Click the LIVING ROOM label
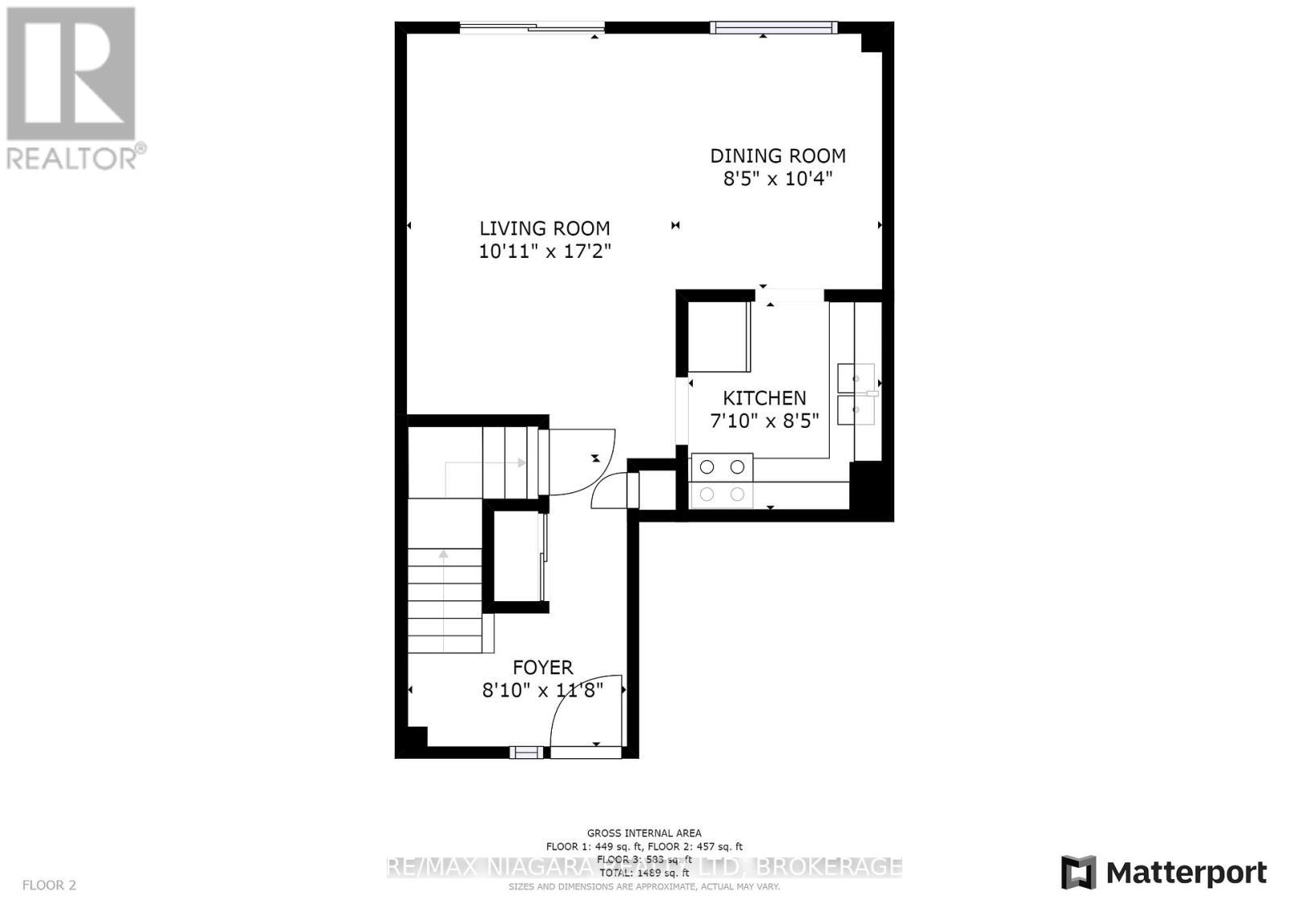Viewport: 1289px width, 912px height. tap(545, 229)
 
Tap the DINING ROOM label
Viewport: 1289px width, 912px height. tap(777, 155)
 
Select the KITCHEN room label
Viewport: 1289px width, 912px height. tap(764, 398)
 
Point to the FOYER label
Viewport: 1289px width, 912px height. tap(543, 667)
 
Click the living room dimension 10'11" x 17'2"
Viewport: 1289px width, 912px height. tap(545, 251)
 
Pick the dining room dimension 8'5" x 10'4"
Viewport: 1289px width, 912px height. tap(777, 179)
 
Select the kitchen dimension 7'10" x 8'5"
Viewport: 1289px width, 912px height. tap(764, 421)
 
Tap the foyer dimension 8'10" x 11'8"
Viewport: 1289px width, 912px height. tap(542, 690)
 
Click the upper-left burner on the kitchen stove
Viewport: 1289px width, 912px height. tap(707, 466)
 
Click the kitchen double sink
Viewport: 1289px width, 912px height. tap(856, 394)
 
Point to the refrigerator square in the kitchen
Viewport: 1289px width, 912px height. tap(719, 337)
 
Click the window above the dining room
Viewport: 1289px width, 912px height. tap(773, 28)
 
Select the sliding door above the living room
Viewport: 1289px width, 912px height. tap(532, 28)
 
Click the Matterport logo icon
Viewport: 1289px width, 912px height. tap(1078, 873)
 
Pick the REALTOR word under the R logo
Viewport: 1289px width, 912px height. tap(73, 158)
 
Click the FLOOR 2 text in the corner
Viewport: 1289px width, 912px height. tap(49, 885)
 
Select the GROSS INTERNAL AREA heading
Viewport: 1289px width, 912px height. tap(644, 833)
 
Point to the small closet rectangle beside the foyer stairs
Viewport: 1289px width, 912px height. tap(515, 556)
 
